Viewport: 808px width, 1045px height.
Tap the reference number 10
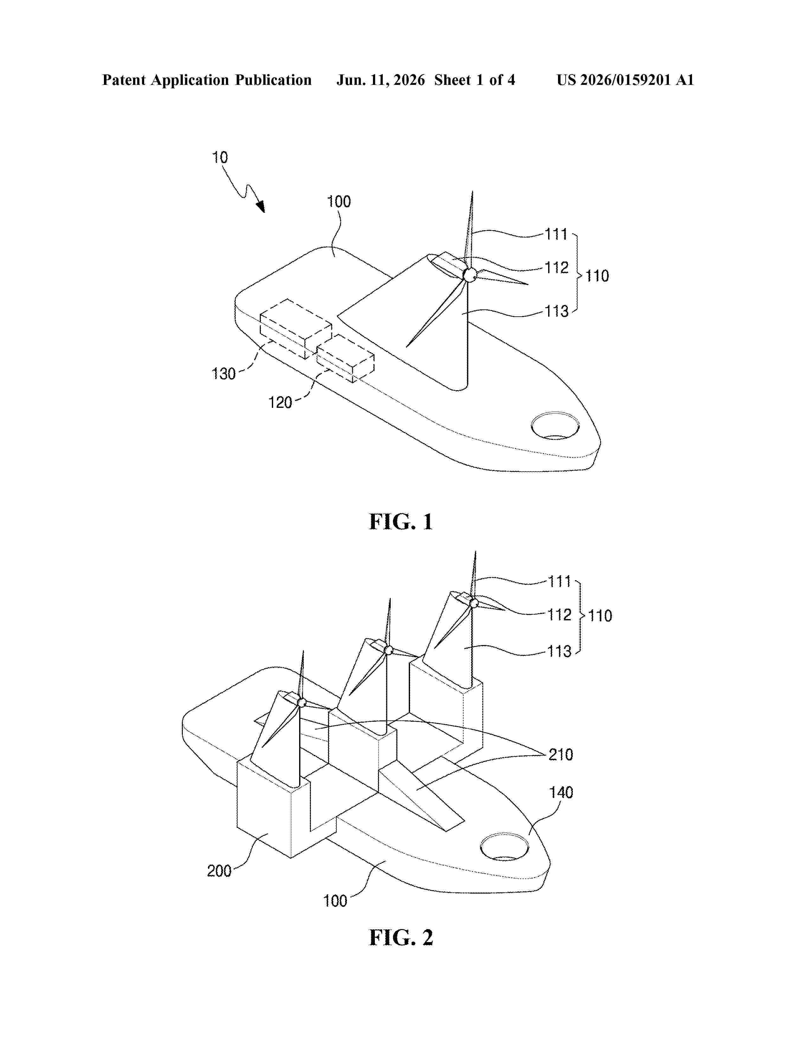[x=220, y=157]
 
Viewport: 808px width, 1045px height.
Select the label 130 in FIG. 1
[x=223, y=374]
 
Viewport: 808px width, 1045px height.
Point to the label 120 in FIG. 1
[x=280, y=402]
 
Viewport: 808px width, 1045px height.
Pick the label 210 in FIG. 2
[x=561, y=755]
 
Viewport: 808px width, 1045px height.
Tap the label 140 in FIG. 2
[x=561, y=792]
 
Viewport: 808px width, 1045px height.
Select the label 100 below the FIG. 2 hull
[x=335, y=901]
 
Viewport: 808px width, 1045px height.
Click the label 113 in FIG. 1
[x=557, y=312]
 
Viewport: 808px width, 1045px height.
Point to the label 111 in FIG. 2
[x=560, y=582]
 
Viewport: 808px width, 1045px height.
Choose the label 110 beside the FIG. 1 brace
[x=597, y=276]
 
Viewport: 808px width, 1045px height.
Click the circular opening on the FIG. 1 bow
[x=555, y=425]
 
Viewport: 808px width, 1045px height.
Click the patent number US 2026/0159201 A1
[x=625, y=80]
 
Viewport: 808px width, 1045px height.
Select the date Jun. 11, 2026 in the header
[x=381, y=80]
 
